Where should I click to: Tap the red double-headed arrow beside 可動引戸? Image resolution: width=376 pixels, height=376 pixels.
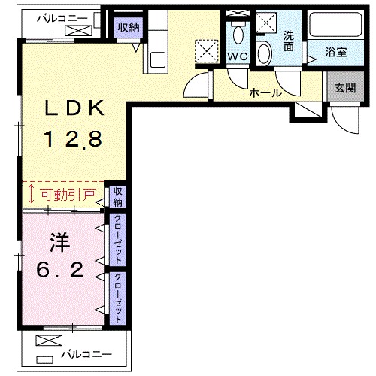pos(31,196)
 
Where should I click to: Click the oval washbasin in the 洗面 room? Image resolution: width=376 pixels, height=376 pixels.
pos(265,53)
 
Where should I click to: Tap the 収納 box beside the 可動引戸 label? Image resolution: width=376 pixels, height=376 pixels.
pos(118,197)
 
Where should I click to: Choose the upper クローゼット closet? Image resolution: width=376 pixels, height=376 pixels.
pos(118,238)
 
